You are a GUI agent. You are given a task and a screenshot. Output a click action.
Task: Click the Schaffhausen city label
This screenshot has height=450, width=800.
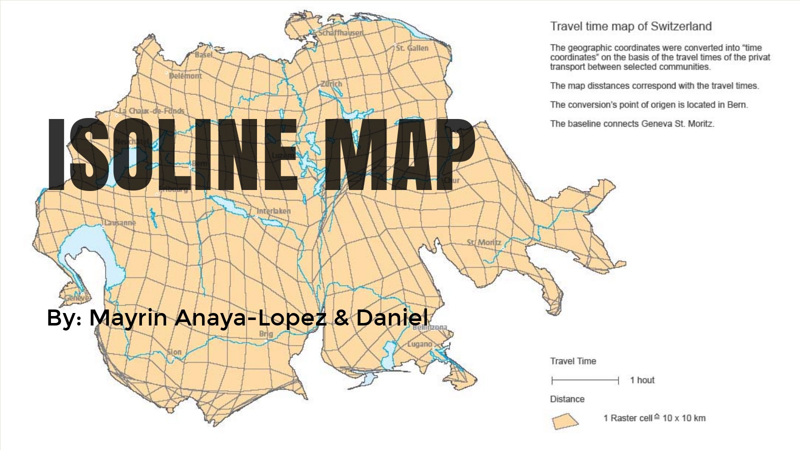pos(340,32)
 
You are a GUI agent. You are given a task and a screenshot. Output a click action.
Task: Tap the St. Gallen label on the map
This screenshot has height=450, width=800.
pos(412,48)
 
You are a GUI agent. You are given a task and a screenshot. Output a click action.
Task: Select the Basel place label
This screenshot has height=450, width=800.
pos(203,54)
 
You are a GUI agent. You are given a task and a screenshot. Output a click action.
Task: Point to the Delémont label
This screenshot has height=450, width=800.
pos(185,76)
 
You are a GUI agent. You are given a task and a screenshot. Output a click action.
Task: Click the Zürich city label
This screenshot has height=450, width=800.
pos(331,83)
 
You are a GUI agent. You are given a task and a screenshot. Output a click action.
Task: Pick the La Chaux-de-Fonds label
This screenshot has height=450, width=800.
pos(151,110)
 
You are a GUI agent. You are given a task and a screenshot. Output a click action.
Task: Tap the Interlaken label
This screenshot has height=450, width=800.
pos(273,211)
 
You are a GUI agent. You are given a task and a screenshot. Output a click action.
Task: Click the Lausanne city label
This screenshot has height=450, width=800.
pos(119,222)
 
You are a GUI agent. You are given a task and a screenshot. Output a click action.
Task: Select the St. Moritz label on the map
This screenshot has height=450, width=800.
pos(483,242)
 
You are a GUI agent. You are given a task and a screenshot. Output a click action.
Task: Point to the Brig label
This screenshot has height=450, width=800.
pos(266,333)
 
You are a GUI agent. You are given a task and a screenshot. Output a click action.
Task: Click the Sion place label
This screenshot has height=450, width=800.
pos(174,352)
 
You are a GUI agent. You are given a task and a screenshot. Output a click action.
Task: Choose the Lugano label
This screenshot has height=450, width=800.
pos(419,344)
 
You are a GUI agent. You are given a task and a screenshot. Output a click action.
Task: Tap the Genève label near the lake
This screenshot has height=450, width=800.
pos(77,298)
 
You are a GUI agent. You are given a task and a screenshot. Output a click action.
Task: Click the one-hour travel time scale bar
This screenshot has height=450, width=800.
pos(585,380)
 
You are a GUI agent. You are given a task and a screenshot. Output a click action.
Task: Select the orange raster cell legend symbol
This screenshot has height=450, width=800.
pos(565,421)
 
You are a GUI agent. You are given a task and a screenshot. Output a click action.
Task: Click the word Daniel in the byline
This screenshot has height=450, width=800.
pos(392,317)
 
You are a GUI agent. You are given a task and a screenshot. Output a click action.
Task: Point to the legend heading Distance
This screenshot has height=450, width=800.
pos(567,399)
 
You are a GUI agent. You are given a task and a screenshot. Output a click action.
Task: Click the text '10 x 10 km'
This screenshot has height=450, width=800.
pos(683,418)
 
